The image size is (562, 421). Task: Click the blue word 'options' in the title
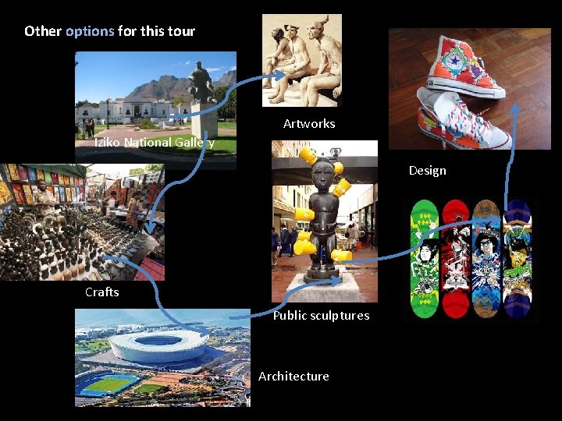[x=90, y=32]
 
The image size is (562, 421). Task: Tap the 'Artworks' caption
[x=309, y=124]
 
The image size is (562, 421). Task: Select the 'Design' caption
[x=428, y=171]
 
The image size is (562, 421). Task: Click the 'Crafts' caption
[x=102, y=292]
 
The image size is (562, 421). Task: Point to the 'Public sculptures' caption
[x=321, y=316]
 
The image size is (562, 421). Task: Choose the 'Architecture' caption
[x=293, y=377]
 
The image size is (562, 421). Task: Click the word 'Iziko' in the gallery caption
[x=107, y=143]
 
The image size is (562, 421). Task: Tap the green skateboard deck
[x=425, y=258]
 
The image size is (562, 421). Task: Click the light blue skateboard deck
[x=486, y=258]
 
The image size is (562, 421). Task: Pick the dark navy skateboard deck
[x=516, y=258]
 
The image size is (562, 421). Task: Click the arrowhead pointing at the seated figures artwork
[x=281, y=76]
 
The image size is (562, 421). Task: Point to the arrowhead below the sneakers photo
[x=516, y=109]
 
